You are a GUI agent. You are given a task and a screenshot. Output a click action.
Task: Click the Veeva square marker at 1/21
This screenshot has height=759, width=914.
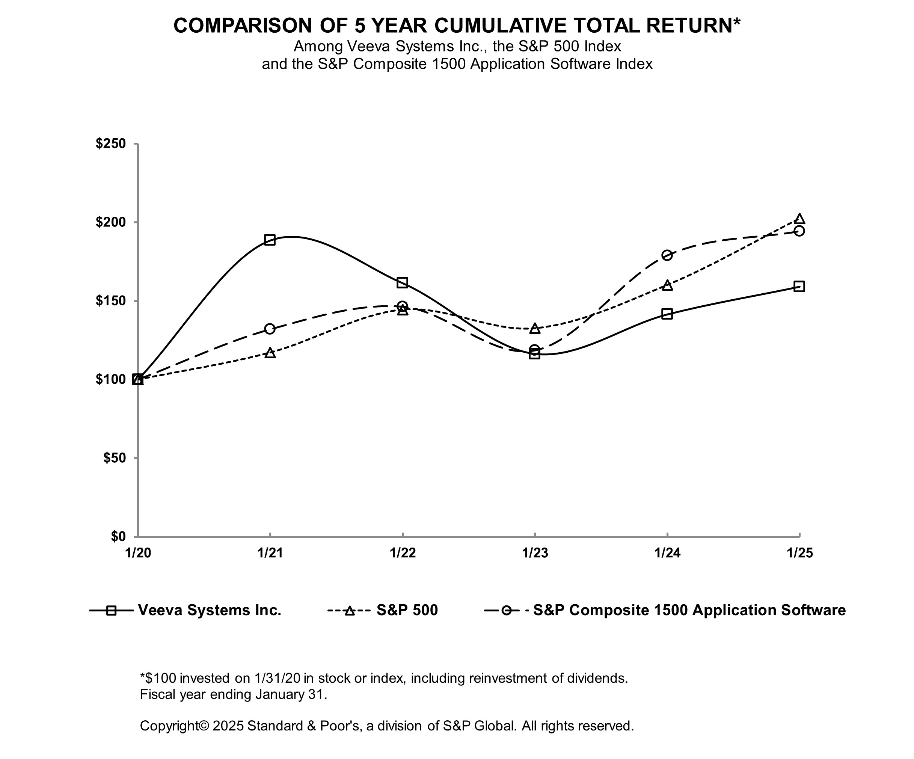pos(270,240)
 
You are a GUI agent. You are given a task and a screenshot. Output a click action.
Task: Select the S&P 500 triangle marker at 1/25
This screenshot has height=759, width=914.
pos(799,219)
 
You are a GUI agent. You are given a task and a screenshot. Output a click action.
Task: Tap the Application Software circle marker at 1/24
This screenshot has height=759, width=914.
pos(667,255)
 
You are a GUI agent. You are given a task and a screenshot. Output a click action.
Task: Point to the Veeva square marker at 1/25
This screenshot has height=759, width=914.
pos(799,287)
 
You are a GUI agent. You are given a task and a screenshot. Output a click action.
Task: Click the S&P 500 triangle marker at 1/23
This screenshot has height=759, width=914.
pos(535,329)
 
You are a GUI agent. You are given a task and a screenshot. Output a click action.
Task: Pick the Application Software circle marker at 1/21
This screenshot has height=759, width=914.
pos(270,329)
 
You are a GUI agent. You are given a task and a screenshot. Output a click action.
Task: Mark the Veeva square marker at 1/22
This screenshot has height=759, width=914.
pos(402,283)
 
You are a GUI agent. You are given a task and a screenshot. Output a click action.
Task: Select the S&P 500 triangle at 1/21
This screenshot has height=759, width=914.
pos(270,353)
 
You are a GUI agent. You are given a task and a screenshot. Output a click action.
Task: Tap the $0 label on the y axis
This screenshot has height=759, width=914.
pos(118,536)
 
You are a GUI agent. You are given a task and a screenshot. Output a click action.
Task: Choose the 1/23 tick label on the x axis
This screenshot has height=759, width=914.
pos(535,553)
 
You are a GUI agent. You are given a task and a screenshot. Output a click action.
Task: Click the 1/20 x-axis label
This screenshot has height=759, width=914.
pos(138,553)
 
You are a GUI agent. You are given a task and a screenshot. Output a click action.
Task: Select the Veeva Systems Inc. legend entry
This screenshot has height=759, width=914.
pos(210,610)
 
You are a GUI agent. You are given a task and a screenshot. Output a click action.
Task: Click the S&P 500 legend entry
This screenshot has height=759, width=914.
pos(407,610)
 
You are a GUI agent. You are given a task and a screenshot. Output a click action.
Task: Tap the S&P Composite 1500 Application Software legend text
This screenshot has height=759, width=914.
pos(689,610)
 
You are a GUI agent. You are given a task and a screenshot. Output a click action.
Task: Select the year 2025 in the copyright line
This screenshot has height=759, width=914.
pos(228,726)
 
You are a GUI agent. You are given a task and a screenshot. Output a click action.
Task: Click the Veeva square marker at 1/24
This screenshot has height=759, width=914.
pos(667,314)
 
